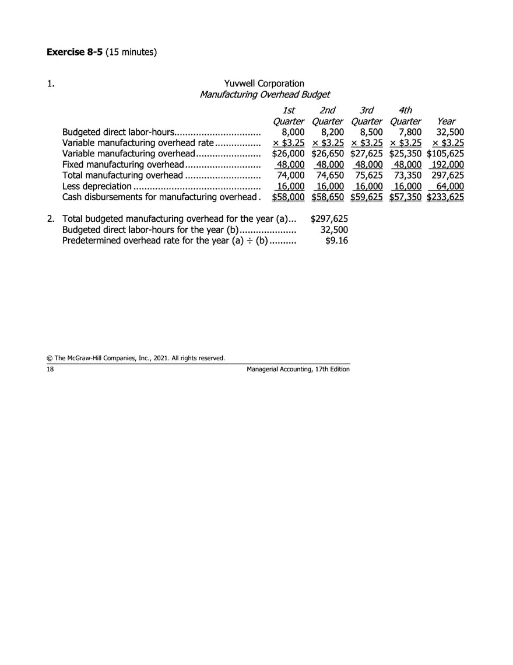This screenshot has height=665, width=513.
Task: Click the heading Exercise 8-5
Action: coord(74,53)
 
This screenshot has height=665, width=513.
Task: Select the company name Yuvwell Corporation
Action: coord(264,84)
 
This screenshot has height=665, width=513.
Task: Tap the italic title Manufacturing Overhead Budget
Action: coord(265,95)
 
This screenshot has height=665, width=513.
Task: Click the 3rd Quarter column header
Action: coord(366,116)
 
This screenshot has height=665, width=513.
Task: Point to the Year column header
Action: coord(446,121)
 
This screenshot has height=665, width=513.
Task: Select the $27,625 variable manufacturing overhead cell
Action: coord(367,154)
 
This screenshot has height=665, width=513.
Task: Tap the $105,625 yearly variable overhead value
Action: coord(445,154)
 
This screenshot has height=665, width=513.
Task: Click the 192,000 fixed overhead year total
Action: coord(446,165)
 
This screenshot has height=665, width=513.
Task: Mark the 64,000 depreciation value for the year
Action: coord(450,186)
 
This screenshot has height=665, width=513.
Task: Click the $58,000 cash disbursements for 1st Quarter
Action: coord(289,197)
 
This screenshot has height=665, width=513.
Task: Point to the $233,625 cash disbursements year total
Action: coord(445,197)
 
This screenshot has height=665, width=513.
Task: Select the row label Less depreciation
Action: coord(97,186)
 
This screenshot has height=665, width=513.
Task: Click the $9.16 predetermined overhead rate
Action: coord(336,241)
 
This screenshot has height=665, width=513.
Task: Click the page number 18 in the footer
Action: coord(50,369)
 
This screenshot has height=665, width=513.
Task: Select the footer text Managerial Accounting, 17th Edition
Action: coord(298,369)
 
